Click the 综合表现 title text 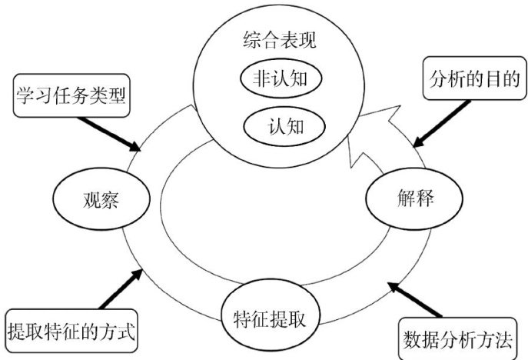[280, 41]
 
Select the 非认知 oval [281, 78]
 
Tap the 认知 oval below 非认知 [284, 127]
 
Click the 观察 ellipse [101, 199]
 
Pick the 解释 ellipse [414, 198]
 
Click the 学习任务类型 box [71, 95]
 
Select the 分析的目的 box [474, 78]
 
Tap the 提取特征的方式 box [71, 331]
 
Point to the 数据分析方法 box [457, 338]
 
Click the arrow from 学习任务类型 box [108, 134]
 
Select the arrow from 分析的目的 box [441, 123]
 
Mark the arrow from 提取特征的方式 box [121, 289]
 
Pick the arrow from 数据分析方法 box [414, 300]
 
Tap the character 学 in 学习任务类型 [25, 95]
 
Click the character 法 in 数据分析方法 [503, 339]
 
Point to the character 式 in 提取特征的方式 [127, 332]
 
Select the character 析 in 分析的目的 [457, 79]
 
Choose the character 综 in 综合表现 [252, 41]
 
